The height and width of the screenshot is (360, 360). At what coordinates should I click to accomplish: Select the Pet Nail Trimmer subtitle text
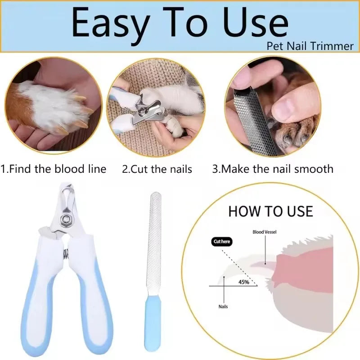click(x=310, y=46)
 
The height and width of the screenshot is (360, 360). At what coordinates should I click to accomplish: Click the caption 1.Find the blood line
click(x=54, y=169)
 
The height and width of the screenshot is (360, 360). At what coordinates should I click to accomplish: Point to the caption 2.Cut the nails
click(x=157, y=169)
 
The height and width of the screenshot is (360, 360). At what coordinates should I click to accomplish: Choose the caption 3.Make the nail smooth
click(x=273, y=169)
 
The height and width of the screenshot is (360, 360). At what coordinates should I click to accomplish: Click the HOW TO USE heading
click(x=270, y=211)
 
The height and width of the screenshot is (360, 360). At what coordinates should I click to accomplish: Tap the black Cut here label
click(x=222, y=242)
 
